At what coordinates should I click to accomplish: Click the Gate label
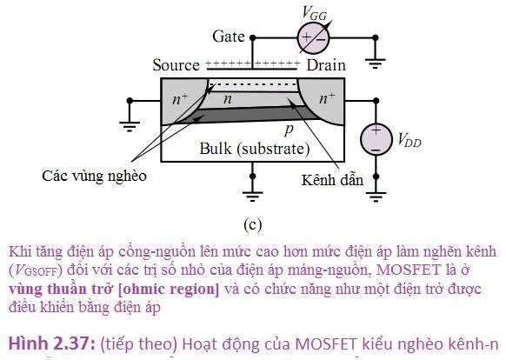click(229, 37)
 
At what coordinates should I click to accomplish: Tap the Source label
click(176, 65)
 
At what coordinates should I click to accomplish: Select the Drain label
click(326, 65)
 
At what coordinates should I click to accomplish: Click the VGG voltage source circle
click(313, 38)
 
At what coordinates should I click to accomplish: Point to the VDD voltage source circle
click(376, 139)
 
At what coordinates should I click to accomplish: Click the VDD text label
click(409, 141)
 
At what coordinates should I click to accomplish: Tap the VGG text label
click(314, 13)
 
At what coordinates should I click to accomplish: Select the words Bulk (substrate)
click(255, 149)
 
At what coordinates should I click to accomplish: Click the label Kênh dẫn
click(332, 180)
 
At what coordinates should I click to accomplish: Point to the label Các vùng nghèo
click(94, 177)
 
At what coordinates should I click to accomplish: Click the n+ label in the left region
click(180, 98)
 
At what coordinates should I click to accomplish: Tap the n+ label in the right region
click(327, 98)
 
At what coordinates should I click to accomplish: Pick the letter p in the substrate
click(289, 130)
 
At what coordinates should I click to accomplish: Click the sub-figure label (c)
click(253, 224)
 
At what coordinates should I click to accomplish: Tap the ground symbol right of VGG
click(375, 63)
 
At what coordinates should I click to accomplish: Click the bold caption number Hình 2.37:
click(52, 343)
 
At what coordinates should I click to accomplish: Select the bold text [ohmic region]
click(169, 289)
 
